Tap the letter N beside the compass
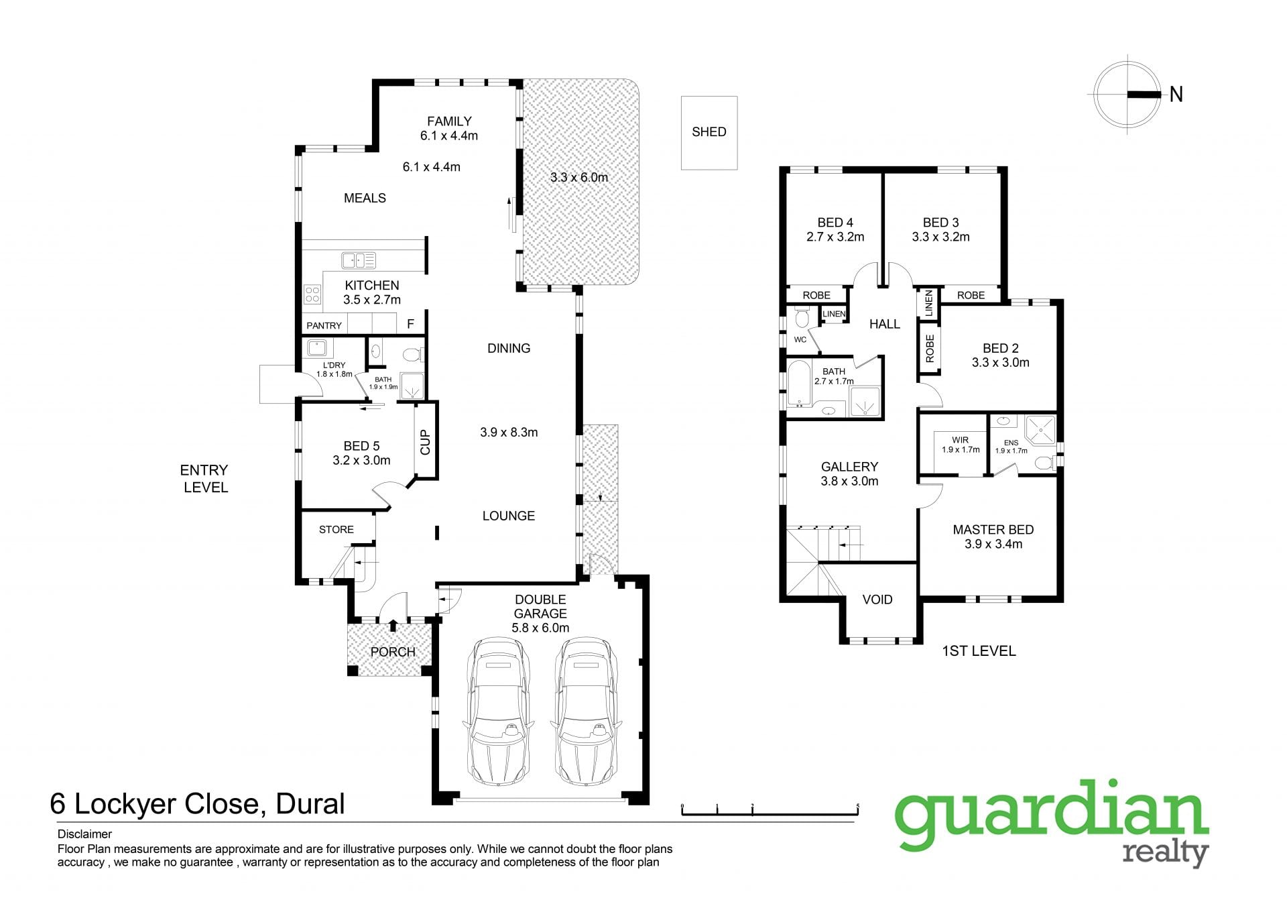pyautogui.click(x=1176, y=95)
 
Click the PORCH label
pyautogui.click(x=393, y=652)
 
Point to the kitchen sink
pyautogui.click(x=359, y=260)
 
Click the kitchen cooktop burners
pyautogui.click(x=313, y=294)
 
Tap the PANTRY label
pyautogui.click(x=324, y=325)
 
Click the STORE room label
pyautogui.click(x=336, y=530)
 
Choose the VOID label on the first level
pyautogui.click(x=877, y=600)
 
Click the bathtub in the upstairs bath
pyautogui.click(x=798, y=384)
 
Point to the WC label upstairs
pyautogui.click(x=800, y=340)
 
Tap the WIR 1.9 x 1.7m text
pyautogui.click(x=961, y=445)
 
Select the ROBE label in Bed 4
pyautogui.click(x=816, y=295)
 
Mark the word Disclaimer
pyautogui.click(x=84, y=834)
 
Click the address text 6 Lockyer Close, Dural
pyautogui.click(x=198, y=803)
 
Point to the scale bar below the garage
pyautogui.click(x=770, y=810)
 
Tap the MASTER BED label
pyautogui.click(x=993, y=530)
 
